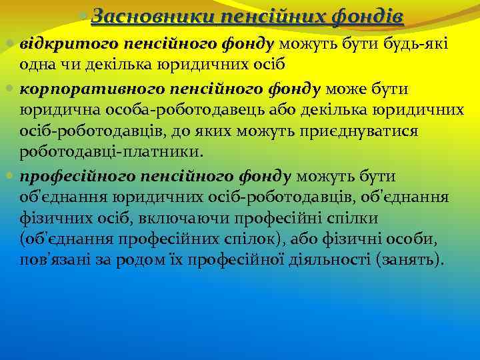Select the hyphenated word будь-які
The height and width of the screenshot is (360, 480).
pyautogui.click(x=420, y=45)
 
